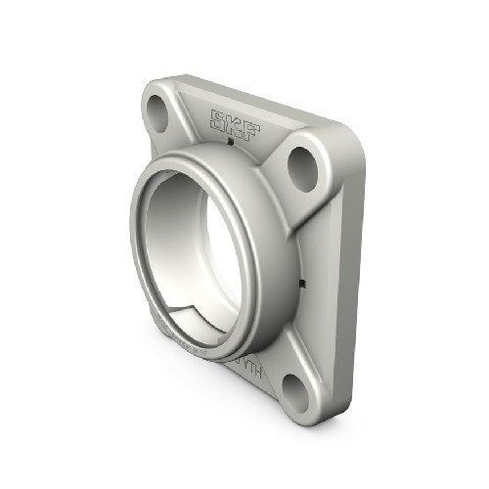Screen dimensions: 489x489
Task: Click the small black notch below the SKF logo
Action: (229, 145)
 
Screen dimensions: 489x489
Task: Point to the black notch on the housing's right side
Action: (301, 285)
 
